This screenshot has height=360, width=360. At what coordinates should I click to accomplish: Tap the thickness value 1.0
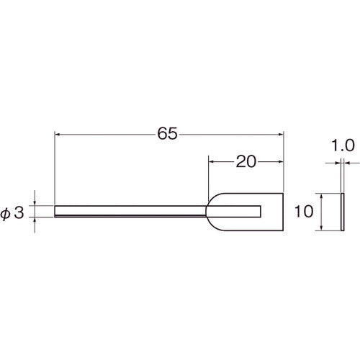pyautogui.click(x=345, y=145)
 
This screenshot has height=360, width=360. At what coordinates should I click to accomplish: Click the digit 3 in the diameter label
pyautogui.click(x=20, y=212)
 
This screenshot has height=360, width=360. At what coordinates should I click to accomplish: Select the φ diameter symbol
pyautogui.click(x=6, y=212)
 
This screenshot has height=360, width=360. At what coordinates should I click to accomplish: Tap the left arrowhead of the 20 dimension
pyautogui.click(x=212, y=162)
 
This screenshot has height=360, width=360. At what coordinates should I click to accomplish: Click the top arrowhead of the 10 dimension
pyautogui.click(x=320, y=196)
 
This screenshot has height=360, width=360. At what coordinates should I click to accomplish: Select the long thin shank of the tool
pyautogui.click(x=130, y=211)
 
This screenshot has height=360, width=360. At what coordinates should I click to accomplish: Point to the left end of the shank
pyautogui.click(x=56, y=211)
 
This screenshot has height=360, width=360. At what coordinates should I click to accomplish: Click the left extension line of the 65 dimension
pyautogui.click(x=55, y=166)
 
